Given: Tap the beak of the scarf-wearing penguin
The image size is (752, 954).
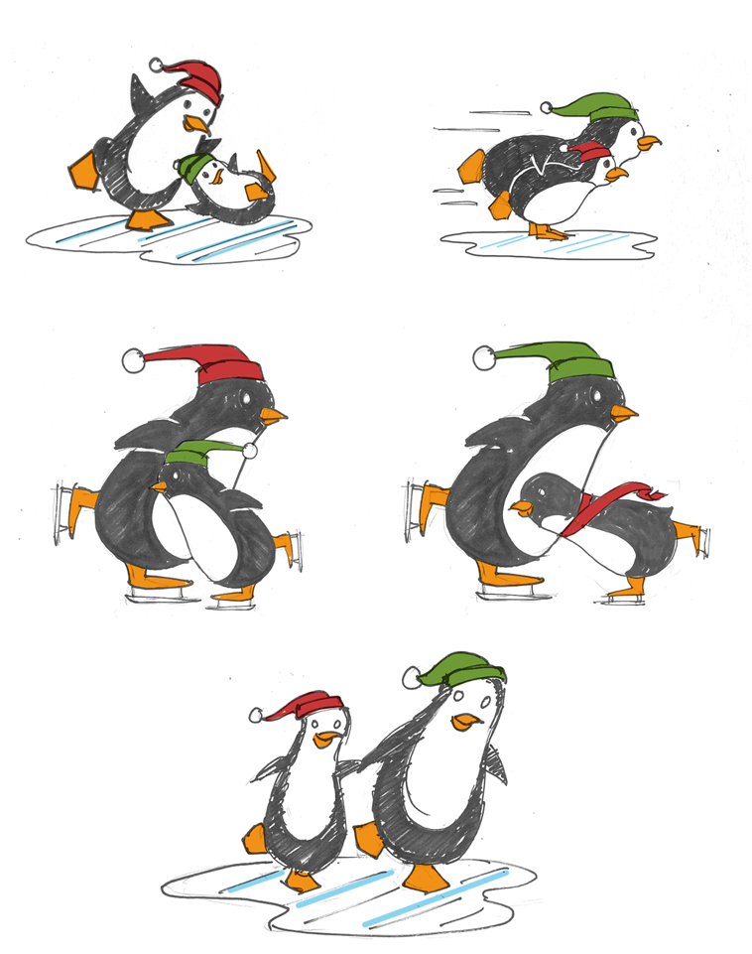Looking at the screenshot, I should [518, 507].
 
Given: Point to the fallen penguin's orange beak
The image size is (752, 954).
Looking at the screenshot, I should [206, 179].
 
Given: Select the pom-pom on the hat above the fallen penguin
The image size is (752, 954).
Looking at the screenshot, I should [156, 66].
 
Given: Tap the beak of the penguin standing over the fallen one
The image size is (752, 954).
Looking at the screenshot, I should [197, 124].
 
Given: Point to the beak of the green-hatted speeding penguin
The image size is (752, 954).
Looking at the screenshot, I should [649, 143].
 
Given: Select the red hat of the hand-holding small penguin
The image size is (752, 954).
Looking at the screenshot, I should [313, 705].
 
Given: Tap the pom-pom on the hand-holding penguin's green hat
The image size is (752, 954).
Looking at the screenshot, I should [411, 678].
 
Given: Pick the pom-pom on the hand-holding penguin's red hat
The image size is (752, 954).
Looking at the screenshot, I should [256, 715].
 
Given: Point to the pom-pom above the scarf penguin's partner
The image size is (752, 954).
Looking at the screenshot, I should [485, 358].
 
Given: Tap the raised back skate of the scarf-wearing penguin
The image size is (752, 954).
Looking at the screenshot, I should [698, 540].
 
